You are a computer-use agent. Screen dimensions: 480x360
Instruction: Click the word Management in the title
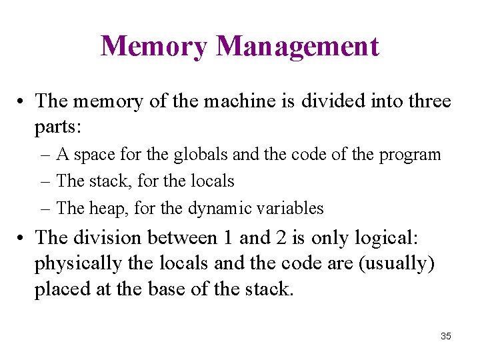coord(298,46)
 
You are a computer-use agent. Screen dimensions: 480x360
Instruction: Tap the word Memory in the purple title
coord(154,46)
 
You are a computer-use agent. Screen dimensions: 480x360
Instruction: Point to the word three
coord(427,101)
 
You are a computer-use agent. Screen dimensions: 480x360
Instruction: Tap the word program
coord(410,155)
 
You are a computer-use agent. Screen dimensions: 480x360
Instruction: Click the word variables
coord(288,208)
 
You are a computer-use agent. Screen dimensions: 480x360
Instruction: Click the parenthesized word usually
coord(397,264)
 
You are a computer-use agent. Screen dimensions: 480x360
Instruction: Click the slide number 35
coord(445,336)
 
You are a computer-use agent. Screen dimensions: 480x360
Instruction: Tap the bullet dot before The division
coord(22,238)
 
